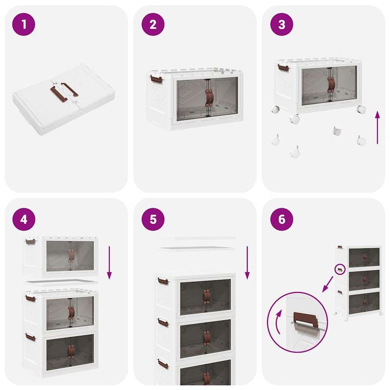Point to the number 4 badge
pyautogui.click(x=24, y=219)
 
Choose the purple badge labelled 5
pyautogui.click(x=153, y=219)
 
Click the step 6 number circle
pyautogui.click(x=282, y=219)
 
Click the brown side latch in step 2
pyautogui.click(x=155, y=78)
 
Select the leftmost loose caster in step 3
pyautogui.click(x=276, y=141)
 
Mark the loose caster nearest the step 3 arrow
pyautogui.click(x=361, y=141)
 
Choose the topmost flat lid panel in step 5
pyautogui.click(x=196, y=238)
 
